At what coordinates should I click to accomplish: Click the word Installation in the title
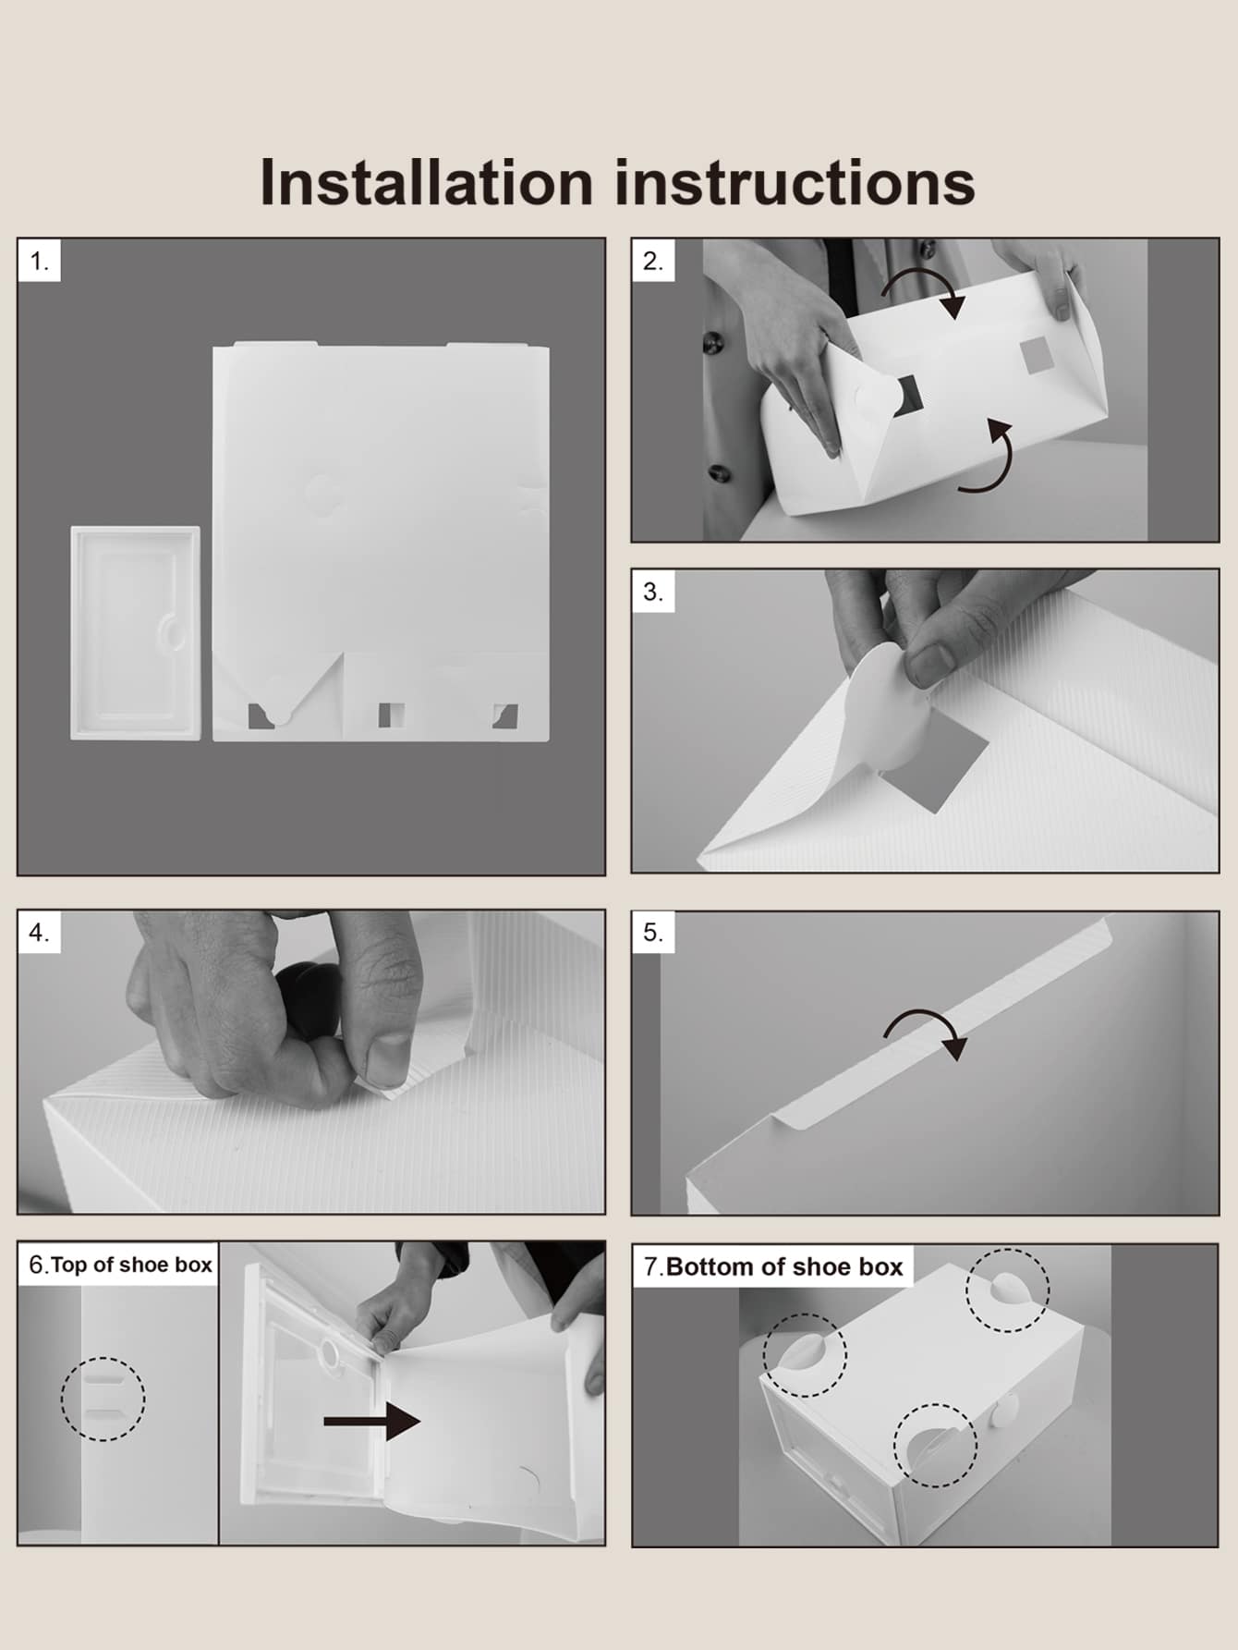click(426, 181)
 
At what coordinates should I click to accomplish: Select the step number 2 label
click(653, 262)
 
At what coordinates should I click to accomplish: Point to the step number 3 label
click(653, 592)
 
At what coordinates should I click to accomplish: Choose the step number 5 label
click(653, 933)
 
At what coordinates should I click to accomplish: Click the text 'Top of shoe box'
click(131, 1265)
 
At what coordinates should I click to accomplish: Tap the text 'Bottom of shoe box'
click(784, 1266)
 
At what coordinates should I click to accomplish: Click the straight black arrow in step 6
click(372, 1421)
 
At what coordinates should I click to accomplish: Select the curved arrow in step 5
click(924, 1026)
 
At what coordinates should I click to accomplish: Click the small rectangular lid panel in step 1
click(135, 632)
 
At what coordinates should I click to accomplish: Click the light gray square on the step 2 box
click(1037, 356)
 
